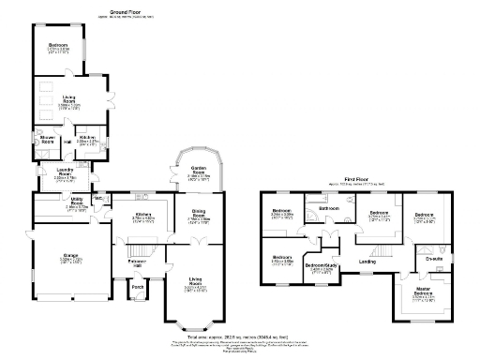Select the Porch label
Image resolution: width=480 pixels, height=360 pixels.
point(138,287)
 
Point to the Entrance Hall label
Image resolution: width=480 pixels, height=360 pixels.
point(137,262)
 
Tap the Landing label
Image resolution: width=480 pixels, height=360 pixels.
point(367,262)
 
